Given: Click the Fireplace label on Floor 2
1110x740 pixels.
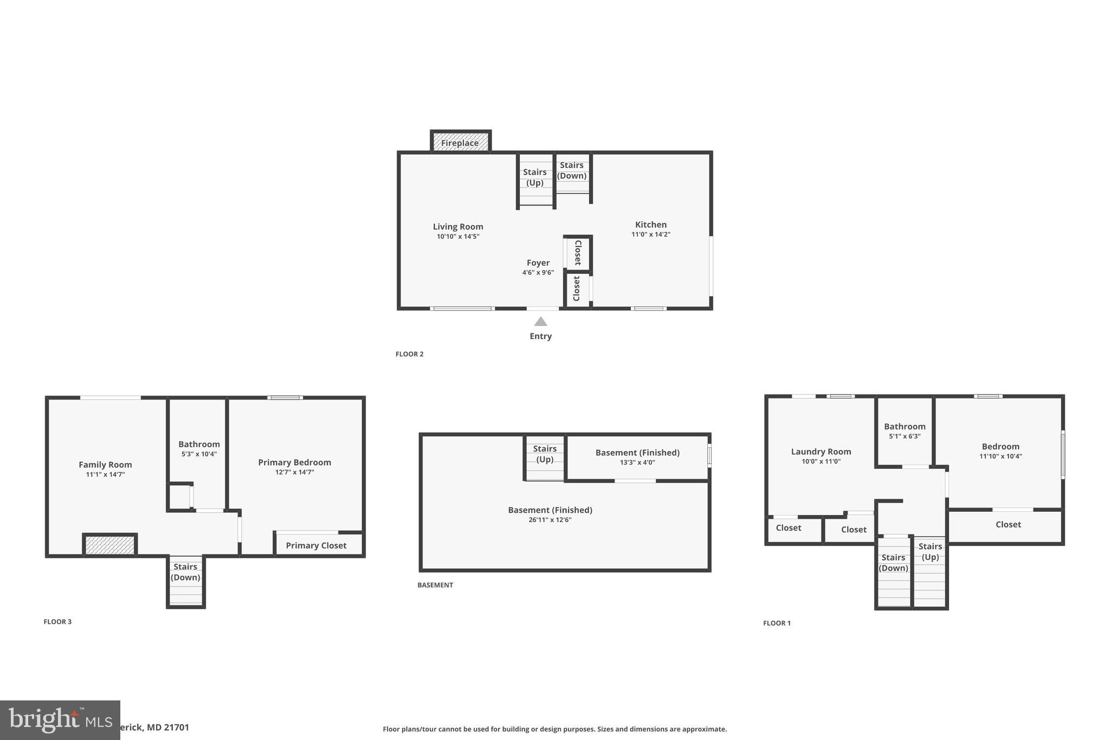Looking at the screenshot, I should point(460,143).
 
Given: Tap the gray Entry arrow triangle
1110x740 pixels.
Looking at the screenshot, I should point(540,321).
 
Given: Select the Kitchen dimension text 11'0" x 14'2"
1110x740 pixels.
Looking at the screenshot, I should point(650,234).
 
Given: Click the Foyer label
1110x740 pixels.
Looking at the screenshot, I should point(538,263).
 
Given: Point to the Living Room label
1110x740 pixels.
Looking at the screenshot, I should point(457,227).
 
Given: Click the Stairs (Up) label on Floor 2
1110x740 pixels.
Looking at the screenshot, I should point(534,177).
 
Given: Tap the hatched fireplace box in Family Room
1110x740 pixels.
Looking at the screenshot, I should point(109,545).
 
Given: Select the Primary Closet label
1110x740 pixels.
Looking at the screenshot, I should point(316,545).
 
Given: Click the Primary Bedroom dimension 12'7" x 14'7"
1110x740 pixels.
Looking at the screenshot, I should point(294,472).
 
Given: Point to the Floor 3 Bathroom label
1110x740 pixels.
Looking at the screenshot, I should point(199,444).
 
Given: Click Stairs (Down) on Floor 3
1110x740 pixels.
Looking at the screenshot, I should point(185,572).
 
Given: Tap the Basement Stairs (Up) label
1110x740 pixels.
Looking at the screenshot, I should point(544,454).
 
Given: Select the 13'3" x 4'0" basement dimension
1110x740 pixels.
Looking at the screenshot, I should point(637,462).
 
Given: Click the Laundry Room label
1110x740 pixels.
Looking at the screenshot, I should point(821,452).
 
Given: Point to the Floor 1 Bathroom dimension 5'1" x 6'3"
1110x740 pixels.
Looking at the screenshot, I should point(904,436).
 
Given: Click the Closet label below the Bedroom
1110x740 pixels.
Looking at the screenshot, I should point(1008,524).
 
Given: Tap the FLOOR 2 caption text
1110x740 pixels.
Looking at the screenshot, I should point(409,354).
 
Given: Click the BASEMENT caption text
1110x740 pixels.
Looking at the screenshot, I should point(435,585).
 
